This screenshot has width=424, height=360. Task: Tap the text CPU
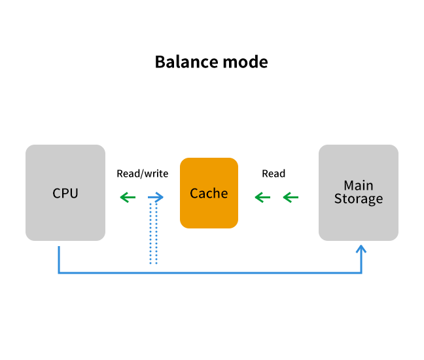[x=65, y=194]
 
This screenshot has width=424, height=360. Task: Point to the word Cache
[x=209, y=194]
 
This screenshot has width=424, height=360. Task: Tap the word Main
[x=359, y=186]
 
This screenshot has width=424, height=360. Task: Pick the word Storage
[x=359, y=199]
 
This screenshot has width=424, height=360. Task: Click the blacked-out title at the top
[x=211, y=62]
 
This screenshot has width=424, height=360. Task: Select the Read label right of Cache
[x=274, y=174]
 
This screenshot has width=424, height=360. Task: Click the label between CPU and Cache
[x=142, y=174]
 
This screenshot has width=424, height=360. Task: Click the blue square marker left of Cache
[x=158, y=196]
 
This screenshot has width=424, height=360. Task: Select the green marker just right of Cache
[x=260, y=197]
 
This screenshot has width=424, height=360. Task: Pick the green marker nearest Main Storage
[x=288, y=197]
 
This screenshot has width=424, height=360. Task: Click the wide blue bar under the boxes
[x=209, y=261]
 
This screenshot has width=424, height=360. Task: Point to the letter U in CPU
[x=74, y=194]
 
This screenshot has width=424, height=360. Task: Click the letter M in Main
[x=349, y=186]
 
